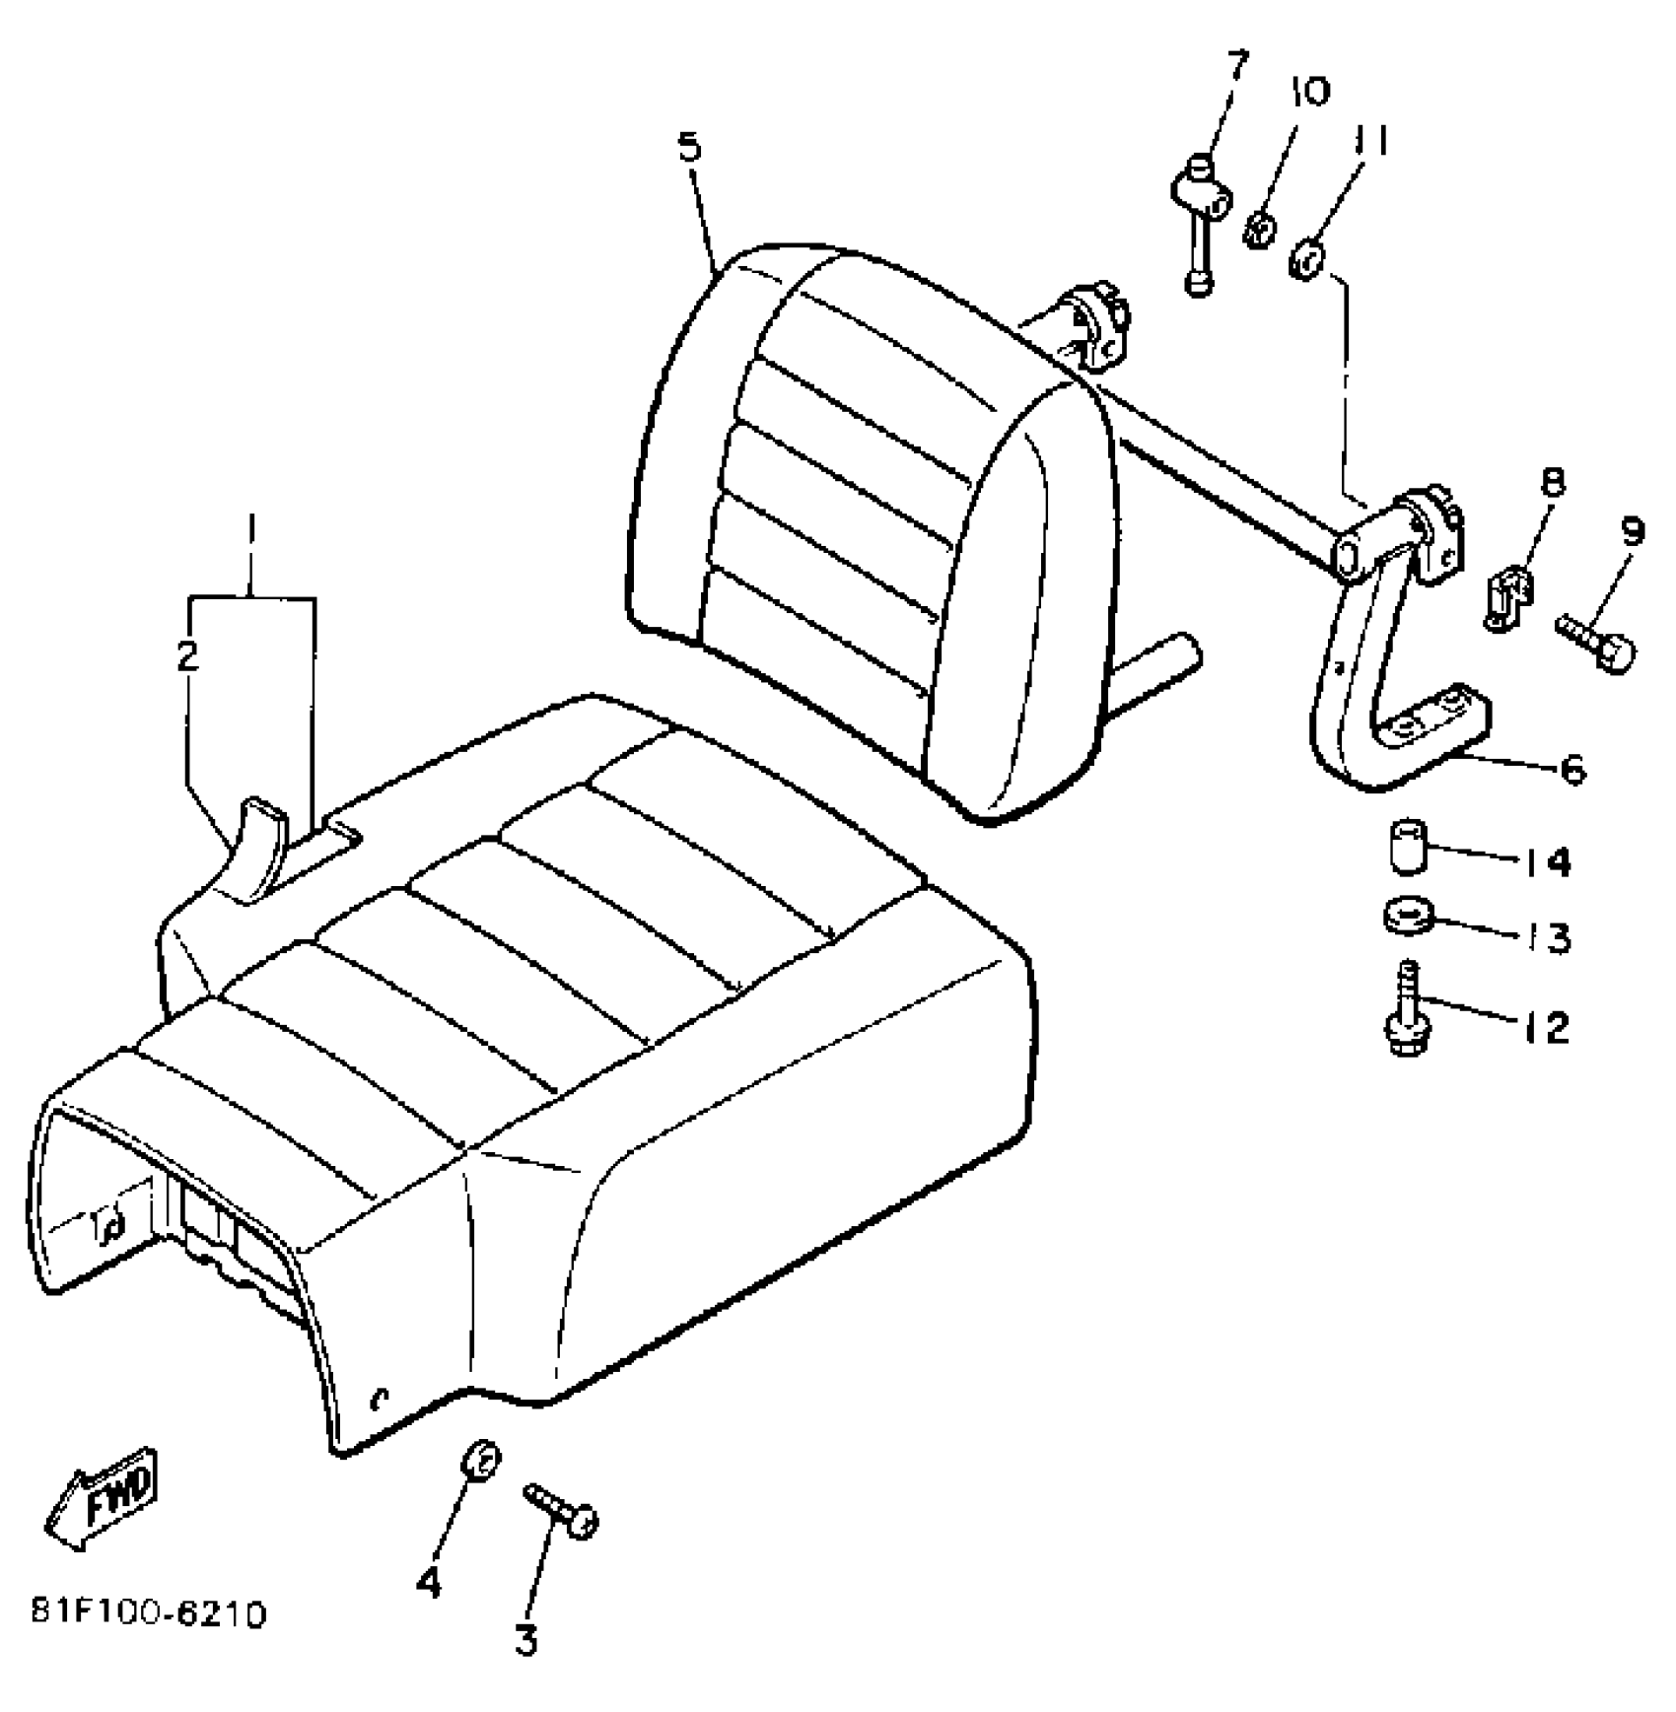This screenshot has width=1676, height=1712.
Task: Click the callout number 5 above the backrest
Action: [x=689, y=148]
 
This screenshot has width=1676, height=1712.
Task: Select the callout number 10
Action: [x=1308, y=92]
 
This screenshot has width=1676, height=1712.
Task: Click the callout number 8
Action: [x=1552, y=482]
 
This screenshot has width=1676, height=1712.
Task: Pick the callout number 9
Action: [x=1634, y=532]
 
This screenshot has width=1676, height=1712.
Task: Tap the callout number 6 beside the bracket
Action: [x=1571, y=768]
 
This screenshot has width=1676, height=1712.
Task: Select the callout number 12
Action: [x=1544, y=1028]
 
